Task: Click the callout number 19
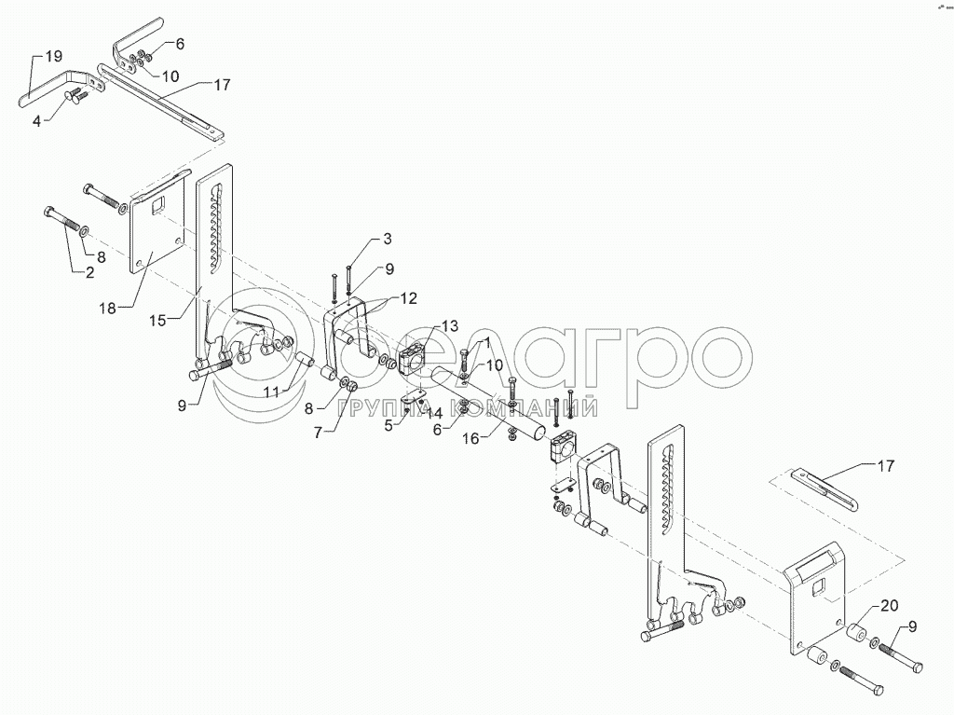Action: [53, 57]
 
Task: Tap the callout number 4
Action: [36, 122]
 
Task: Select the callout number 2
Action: [90, 273]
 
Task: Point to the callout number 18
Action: [108, 309]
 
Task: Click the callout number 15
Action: [157, 321]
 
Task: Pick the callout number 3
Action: [387, 239]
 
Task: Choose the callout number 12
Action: [408, 298]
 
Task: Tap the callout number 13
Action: [450, 326]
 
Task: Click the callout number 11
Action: [272, 392]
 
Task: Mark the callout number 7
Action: [317, 433]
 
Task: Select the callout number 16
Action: [471, 438]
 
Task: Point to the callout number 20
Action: [889, 606]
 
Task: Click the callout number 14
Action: [434, 414]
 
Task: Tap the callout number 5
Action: [388, 426]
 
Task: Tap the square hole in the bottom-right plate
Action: [819, 589]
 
